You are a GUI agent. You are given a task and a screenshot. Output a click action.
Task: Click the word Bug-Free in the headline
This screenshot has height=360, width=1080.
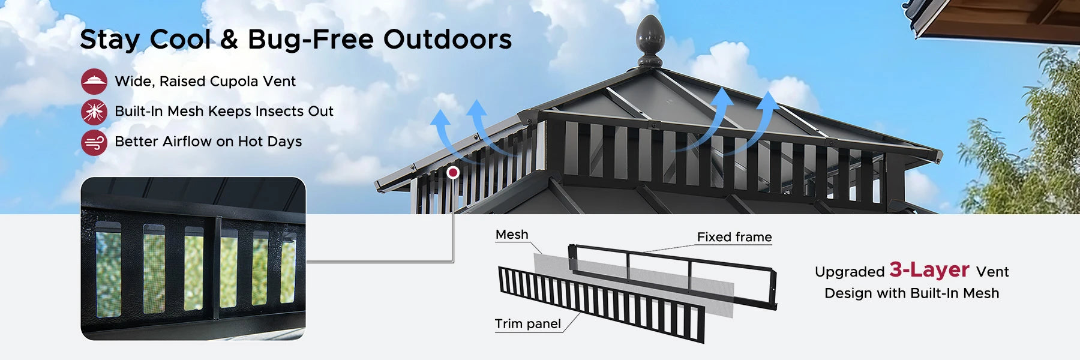coord(311,40)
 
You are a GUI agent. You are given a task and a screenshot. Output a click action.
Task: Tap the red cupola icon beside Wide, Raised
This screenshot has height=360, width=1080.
coord(94,82)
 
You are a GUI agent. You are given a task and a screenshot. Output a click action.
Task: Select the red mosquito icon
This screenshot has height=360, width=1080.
coord(94,112)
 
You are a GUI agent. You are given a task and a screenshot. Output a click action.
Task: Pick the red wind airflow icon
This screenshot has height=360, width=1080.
coord(94,142)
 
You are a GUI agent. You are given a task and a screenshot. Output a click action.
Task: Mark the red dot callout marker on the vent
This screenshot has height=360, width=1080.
coord(454,173)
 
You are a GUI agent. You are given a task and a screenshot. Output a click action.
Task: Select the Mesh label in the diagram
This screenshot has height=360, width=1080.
coord(512,235)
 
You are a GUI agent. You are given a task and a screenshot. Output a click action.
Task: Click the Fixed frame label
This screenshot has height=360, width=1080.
coord(734,237)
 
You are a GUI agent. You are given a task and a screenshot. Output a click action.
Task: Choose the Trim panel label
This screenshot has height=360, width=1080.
coord(528,324)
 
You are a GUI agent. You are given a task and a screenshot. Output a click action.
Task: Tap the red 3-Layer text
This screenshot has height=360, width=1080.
coord(929,269)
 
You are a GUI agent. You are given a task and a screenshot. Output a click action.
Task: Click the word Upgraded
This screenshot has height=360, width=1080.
coord(850,272)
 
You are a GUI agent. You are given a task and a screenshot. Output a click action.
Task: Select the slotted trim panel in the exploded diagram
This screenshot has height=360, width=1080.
coord(601,305)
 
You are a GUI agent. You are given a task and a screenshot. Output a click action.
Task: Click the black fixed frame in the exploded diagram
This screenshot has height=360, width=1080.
coord(673,277)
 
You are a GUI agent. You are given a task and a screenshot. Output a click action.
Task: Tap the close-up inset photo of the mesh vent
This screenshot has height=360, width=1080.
coord(193,259)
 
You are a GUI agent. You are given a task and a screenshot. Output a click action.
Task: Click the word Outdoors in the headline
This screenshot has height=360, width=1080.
coord(448,40)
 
